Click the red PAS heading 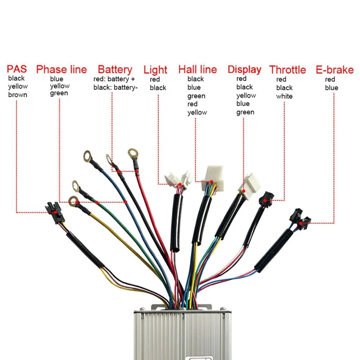17,70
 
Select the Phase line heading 61,70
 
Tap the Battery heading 115,70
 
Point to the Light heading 155,70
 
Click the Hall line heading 198,70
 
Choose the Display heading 244,70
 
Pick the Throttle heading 288,70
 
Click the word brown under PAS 18,95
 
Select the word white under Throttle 284,96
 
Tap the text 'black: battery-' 115,88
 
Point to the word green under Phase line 59,94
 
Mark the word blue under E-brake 332,88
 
